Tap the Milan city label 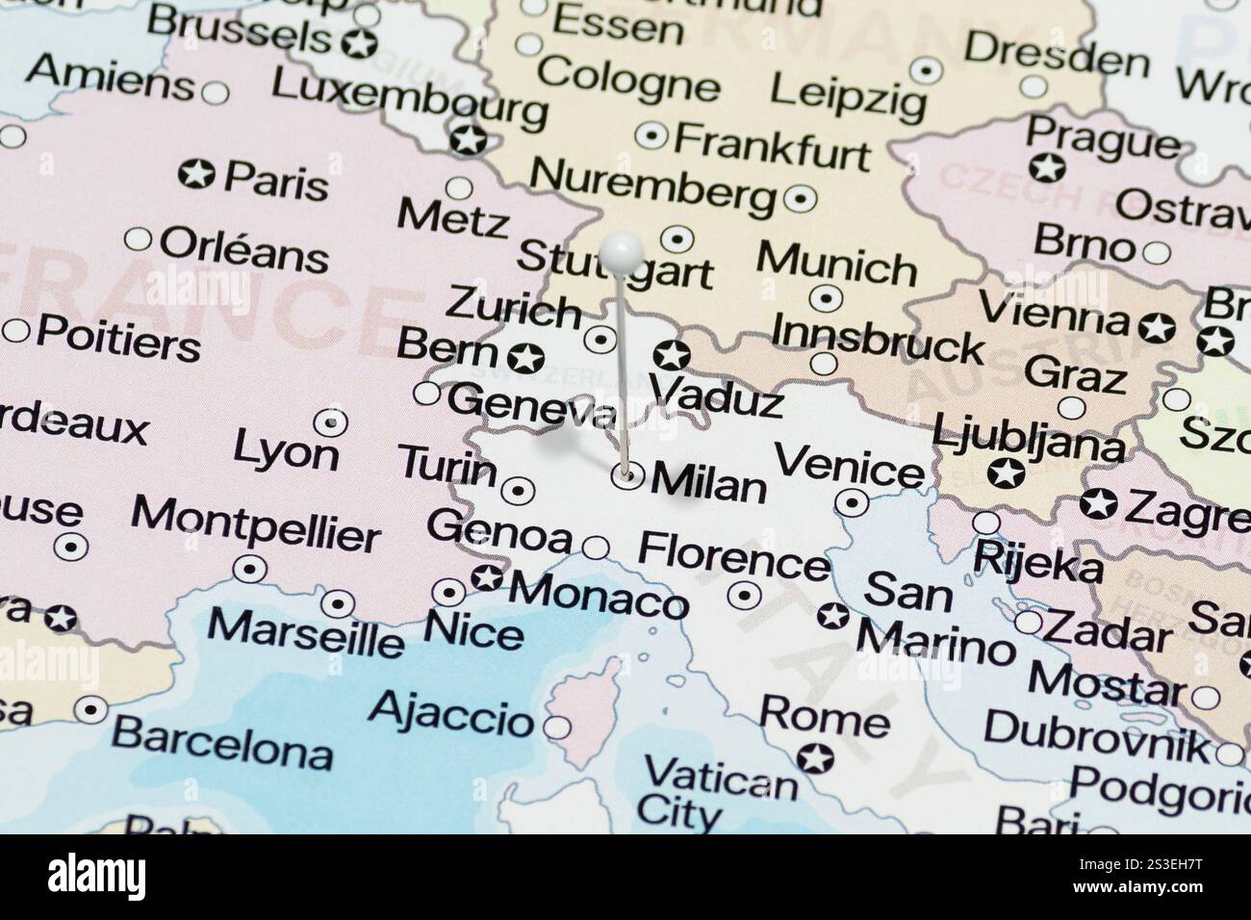[x=709, y=482]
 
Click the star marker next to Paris [x=197, y=175]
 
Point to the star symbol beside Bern [x=525, y=358]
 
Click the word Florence [x=733, y=555]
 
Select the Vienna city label [x=1053, y=314]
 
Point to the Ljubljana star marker [x=1006, y=473]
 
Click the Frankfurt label [x=771, y=145]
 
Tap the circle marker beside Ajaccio [x=556, y=726]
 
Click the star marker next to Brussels [x=358, y=42]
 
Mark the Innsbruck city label [x=877, y=338]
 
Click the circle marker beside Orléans [x=139, y=239]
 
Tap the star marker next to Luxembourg [x=470, y=141]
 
